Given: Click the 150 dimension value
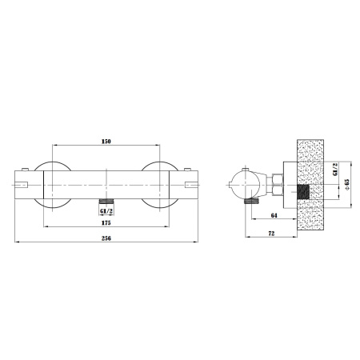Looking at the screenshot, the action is (106, 142).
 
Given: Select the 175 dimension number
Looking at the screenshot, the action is (106, 223).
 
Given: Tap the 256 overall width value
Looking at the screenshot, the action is (106, 238).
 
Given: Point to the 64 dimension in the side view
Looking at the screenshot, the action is (274, 215).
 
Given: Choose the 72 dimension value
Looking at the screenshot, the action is (271, 234).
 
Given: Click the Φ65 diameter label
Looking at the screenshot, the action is (347, 184).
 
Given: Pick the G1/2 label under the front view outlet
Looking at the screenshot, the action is (106, 211).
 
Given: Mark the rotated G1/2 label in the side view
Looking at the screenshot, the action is (335, 170).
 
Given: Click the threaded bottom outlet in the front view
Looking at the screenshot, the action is (106, 202).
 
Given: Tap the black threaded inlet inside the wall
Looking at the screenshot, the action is (302, 192).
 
